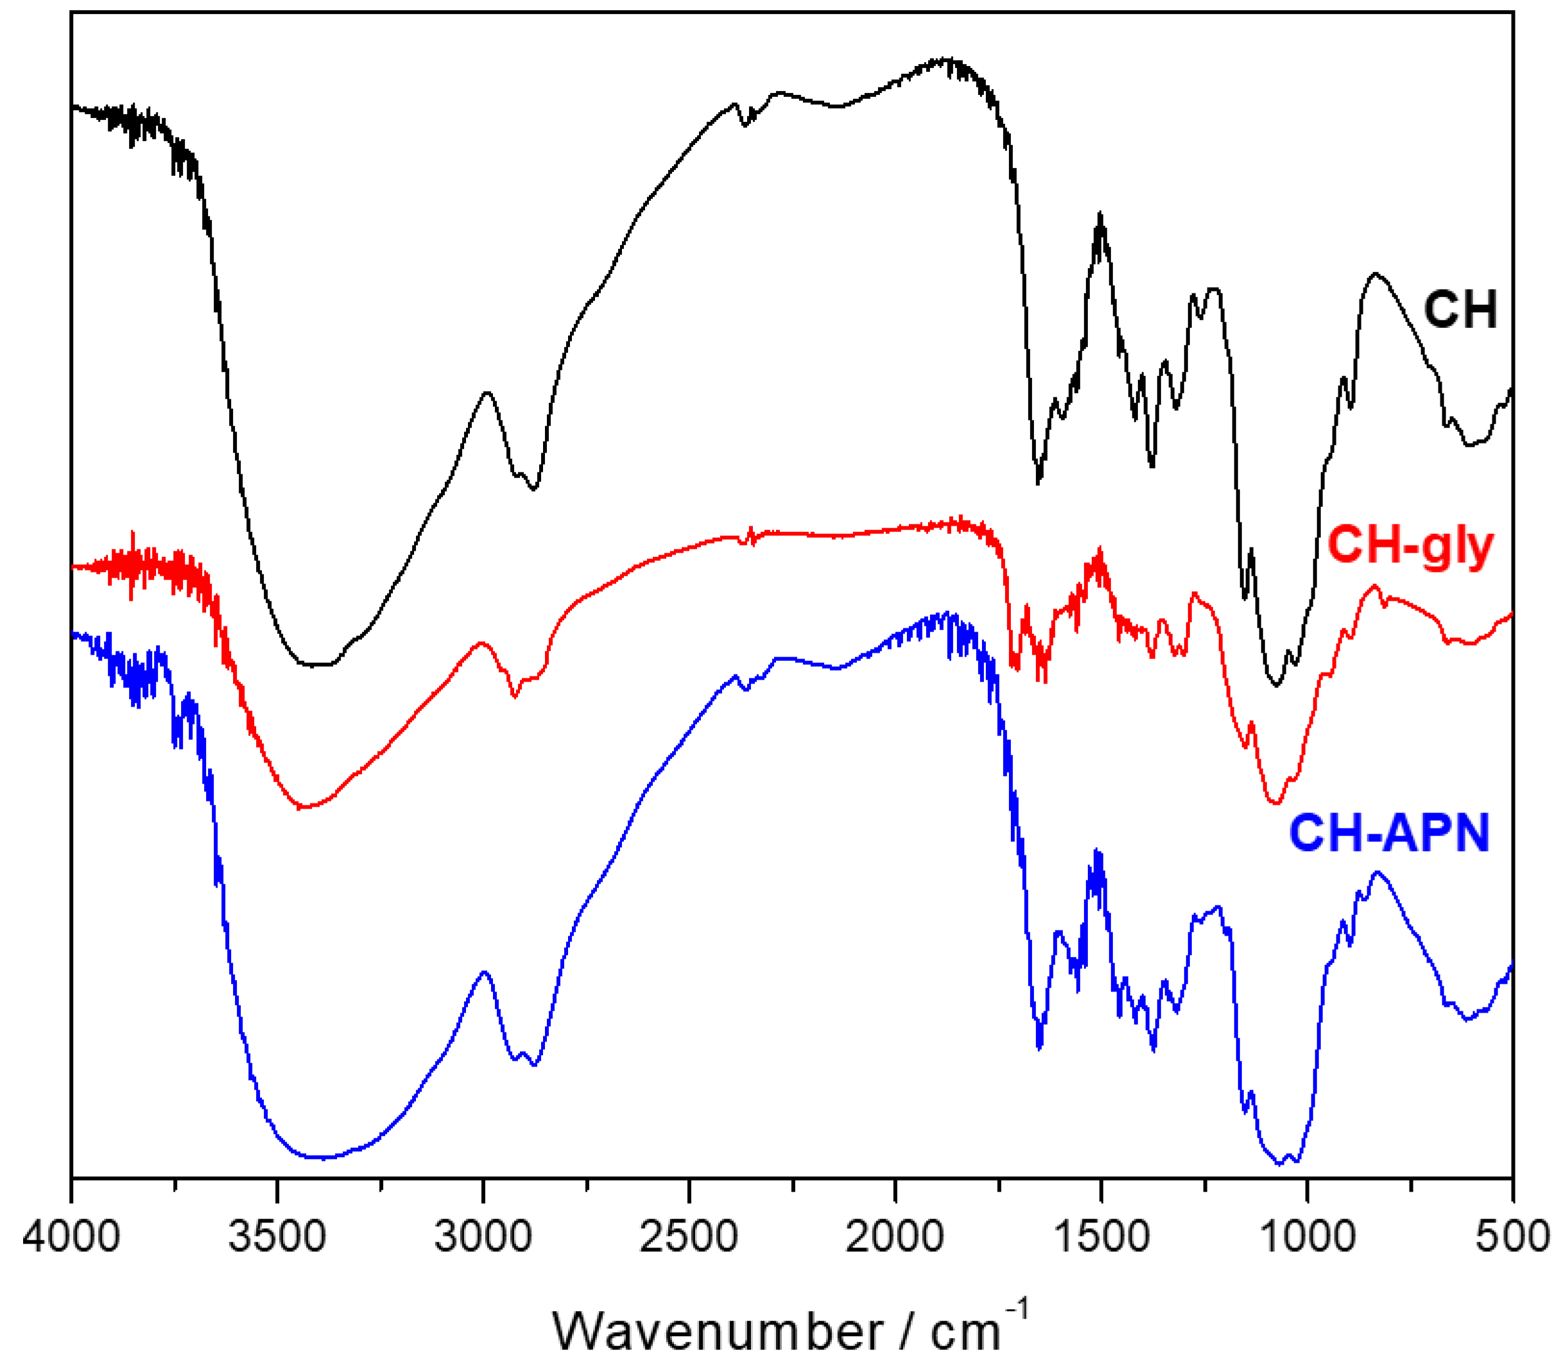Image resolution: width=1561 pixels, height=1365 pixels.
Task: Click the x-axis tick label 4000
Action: click(x=71, y=1235)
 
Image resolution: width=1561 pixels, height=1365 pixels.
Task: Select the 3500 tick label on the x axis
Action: click(x=277, y=1235)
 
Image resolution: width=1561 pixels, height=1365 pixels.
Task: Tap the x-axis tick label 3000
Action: click(x=483, y=1235)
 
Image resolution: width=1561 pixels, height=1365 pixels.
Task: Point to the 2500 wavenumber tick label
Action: click(x=689, y=1235)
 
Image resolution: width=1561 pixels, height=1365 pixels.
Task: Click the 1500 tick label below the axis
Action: click(x=1101, y=1235)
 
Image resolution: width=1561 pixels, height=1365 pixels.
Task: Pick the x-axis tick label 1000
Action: click(x=1307, y=1235)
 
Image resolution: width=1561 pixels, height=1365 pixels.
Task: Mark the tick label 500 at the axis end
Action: click(x=1512, y=1235)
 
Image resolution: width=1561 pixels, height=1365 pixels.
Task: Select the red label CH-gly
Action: click(x=1410, y=546)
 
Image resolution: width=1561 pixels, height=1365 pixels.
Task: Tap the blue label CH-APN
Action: click(x=1389, y=832)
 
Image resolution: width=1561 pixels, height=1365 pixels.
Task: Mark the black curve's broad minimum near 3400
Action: click(x=316, y=664)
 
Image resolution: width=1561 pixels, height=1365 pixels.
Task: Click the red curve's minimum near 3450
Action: click(x=302, y=807)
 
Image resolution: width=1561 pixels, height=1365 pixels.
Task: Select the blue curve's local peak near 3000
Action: click(x=485, y=972)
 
